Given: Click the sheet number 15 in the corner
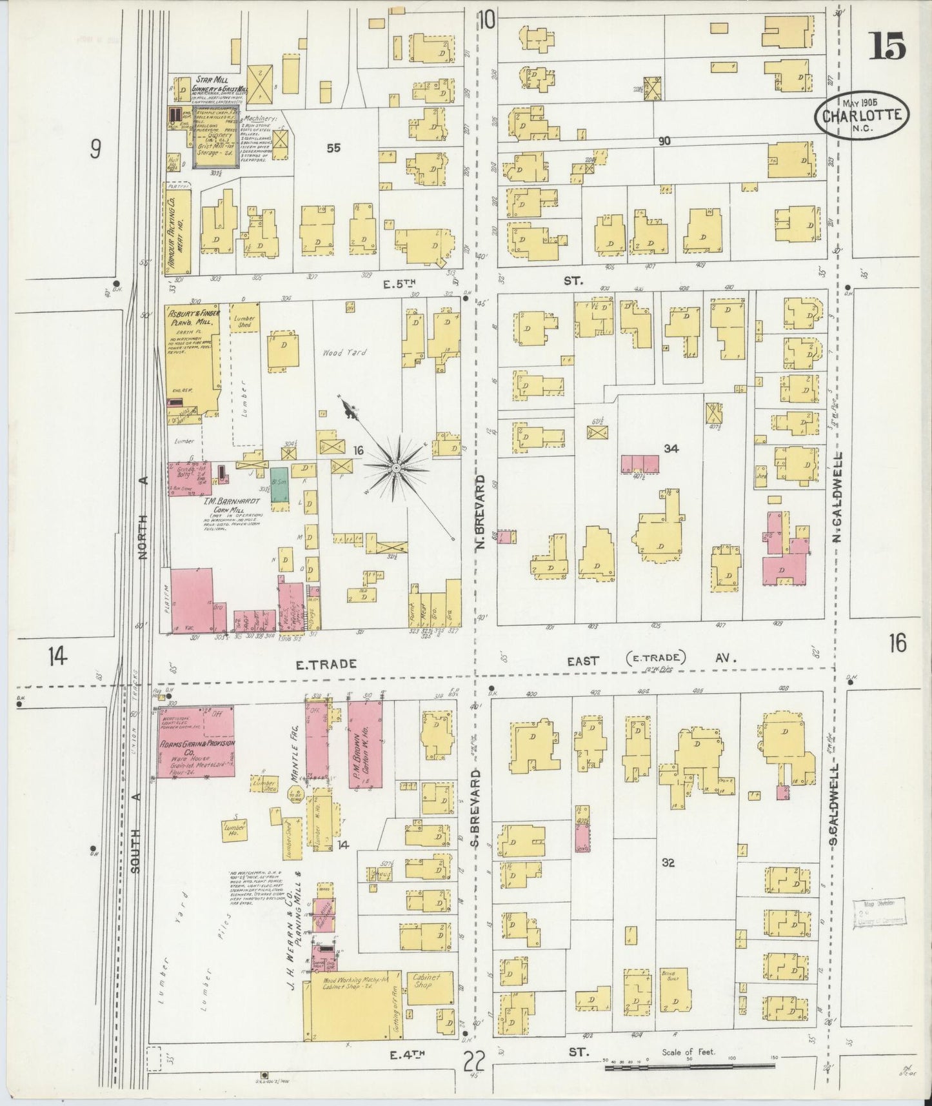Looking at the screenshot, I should click(889, 46).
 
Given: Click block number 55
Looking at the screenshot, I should click(333, 148).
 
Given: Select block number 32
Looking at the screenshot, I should click(668, 862).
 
